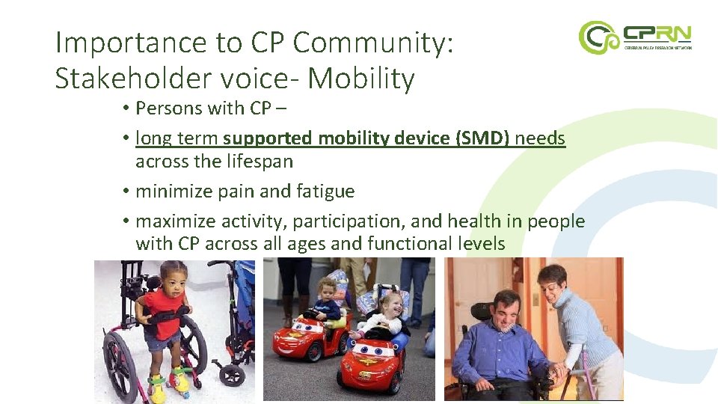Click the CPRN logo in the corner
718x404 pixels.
635,37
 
